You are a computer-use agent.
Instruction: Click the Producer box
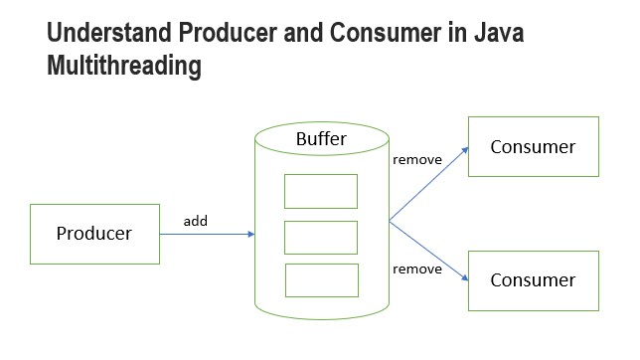(x=94, y=234)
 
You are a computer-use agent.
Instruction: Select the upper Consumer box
(x=533, y=147)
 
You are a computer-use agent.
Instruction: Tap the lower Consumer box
(x=533, y=279)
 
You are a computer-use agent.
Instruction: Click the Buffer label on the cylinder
(x=321, y=139)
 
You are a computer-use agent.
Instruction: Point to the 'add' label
(x=196, y=221)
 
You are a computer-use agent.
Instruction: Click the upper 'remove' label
(x=417, y=159)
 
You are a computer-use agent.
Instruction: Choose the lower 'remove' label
(x=417, y=269)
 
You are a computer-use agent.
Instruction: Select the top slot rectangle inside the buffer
(x=321, y=191)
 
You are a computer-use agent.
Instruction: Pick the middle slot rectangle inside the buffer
(x=321, y=238)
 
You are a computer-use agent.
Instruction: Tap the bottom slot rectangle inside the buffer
(x=321, y=280)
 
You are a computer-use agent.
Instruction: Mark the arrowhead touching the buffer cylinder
(x=251, y=235)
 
